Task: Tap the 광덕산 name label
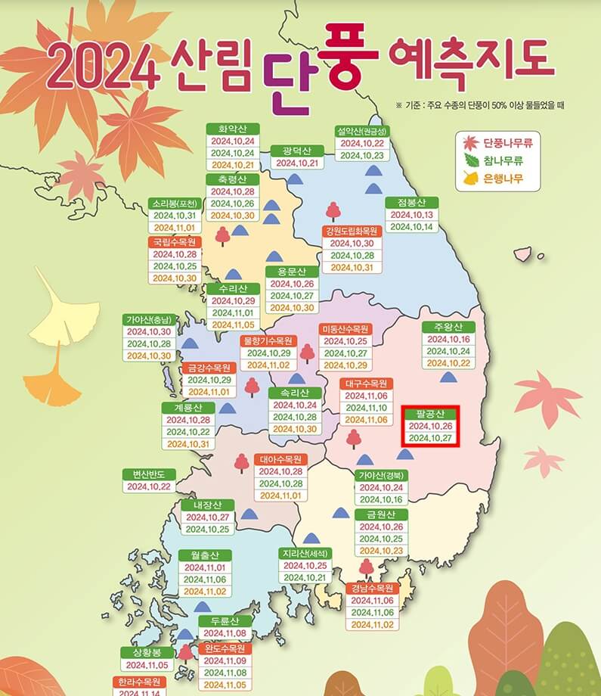297,151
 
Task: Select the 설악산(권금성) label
362,131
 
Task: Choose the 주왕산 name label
448,327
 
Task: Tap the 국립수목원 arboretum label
175,242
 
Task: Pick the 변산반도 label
149,474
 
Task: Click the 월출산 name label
205,555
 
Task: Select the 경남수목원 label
371,588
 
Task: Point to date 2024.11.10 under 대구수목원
367,408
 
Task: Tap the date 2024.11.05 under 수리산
233,325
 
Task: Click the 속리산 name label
294,393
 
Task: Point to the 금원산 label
382,514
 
